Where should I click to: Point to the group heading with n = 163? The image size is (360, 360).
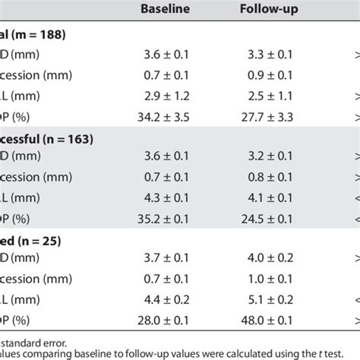point(46,139)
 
